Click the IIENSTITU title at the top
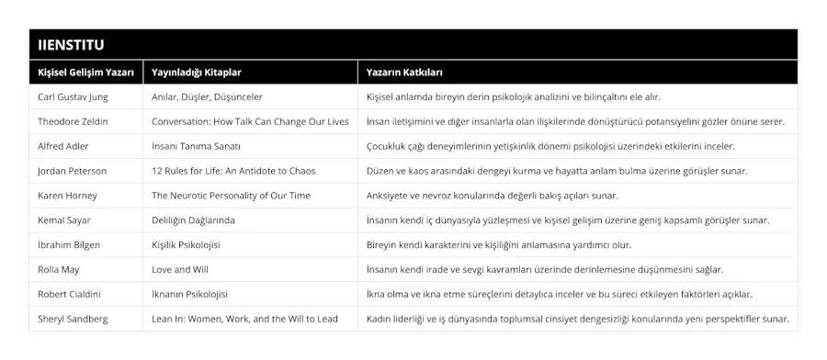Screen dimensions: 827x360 71,44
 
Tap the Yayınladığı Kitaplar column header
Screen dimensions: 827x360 197,72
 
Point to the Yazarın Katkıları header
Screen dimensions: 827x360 405,72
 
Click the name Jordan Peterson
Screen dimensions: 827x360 73,171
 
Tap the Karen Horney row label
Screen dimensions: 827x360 68,196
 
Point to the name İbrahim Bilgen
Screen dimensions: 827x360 69,245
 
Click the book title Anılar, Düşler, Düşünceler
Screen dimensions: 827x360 207,96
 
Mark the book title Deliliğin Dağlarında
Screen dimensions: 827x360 193,220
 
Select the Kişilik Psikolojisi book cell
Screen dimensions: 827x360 186,245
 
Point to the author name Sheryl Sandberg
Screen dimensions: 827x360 73,320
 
